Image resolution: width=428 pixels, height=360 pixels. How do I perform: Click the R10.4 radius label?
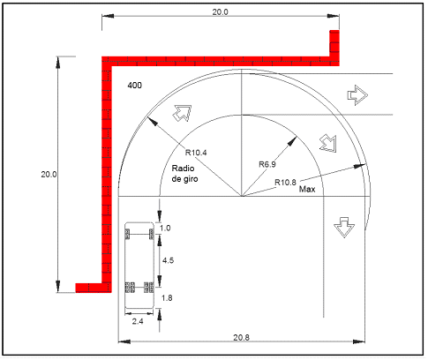(196, 153)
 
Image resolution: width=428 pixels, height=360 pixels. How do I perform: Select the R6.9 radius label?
(267, 164)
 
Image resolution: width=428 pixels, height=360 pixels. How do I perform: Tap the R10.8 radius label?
(285, 183)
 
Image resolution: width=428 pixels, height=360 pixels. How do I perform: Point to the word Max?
(307, 189)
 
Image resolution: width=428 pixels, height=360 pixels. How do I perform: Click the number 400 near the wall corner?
(134, 86)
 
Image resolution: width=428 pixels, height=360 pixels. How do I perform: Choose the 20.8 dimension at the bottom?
(241, 337)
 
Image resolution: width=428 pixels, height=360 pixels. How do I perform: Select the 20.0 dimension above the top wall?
(220, 12)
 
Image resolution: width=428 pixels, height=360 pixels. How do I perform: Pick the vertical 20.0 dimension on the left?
(49, 174)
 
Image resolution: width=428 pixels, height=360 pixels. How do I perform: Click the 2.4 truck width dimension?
(138, 321)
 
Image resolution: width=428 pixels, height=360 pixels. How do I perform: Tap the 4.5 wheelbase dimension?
(168, 260)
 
